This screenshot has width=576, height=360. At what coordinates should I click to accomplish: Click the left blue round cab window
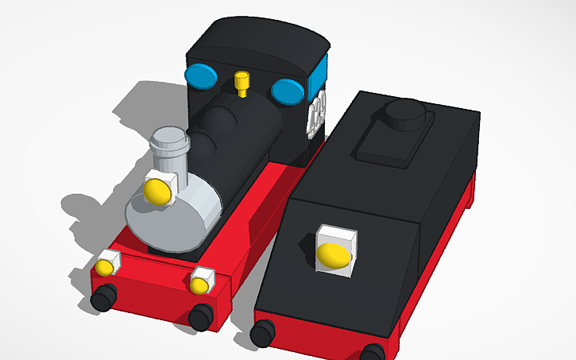201,76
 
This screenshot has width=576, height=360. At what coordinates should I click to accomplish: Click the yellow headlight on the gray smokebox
157,192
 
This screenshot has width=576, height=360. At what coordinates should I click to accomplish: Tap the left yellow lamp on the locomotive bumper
106,265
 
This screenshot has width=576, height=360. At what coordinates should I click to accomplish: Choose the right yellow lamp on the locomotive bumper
201,279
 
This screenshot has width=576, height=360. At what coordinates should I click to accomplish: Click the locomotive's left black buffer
102,299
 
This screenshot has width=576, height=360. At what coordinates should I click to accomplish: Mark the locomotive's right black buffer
200,315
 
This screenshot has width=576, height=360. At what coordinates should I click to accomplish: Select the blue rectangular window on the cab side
319,74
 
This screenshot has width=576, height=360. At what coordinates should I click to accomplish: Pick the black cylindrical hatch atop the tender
405,114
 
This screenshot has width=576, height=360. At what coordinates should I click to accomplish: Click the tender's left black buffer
262,332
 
